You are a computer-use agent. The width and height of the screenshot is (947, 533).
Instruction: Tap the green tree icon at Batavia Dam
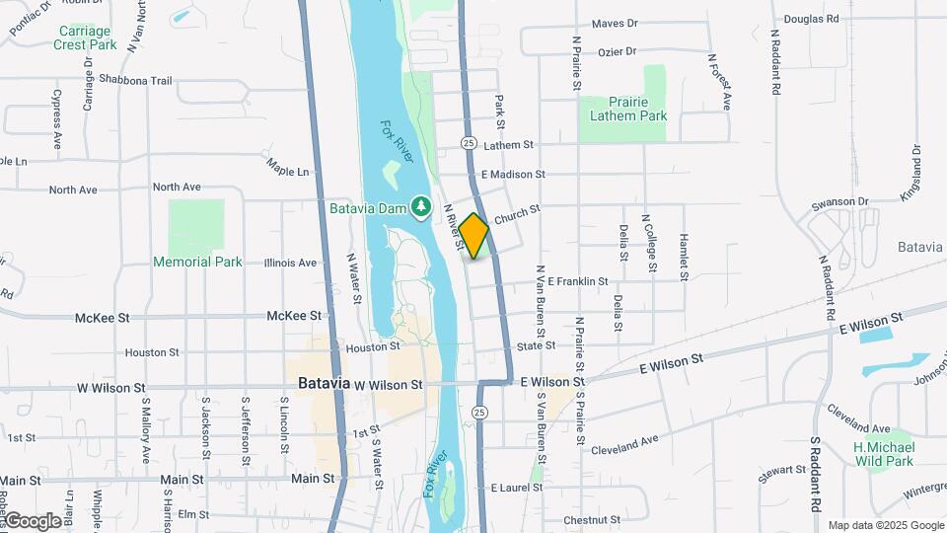point(422,205)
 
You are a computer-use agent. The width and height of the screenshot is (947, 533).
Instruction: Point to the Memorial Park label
point(197,262)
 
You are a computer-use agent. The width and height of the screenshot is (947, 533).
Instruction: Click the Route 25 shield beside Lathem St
point(469,144)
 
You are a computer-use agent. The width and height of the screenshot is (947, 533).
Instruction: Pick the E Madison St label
point(513,175)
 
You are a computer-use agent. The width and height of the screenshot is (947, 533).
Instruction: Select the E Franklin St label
point(577,282)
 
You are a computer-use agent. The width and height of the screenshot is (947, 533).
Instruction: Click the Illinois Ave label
point(290,264)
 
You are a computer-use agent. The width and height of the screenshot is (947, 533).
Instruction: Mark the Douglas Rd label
point(811,19)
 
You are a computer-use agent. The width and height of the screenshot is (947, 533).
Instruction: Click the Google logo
point(32,520)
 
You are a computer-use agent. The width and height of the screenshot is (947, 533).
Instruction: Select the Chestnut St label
point(590,520)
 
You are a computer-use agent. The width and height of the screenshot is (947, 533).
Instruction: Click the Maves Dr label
point(616,24)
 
